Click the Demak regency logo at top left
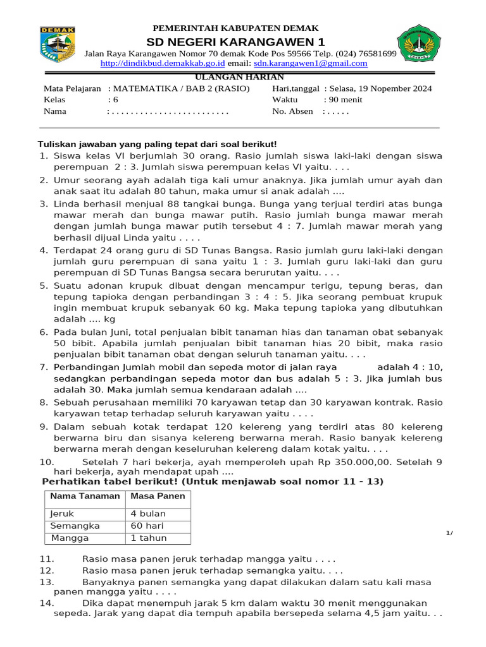click(58, 44)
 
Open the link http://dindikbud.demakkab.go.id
click(163, 63)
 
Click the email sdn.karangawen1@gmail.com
click(310, 63)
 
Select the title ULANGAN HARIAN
click(239, 76)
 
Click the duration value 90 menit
click(344, 100)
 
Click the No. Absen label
click(292, 111)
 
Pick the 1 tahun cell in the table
click(149, 538)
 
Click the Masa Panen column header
click(158, 496)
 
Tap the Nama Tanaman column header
click(85, 496)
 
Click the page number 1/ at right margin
click(449, 533)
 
